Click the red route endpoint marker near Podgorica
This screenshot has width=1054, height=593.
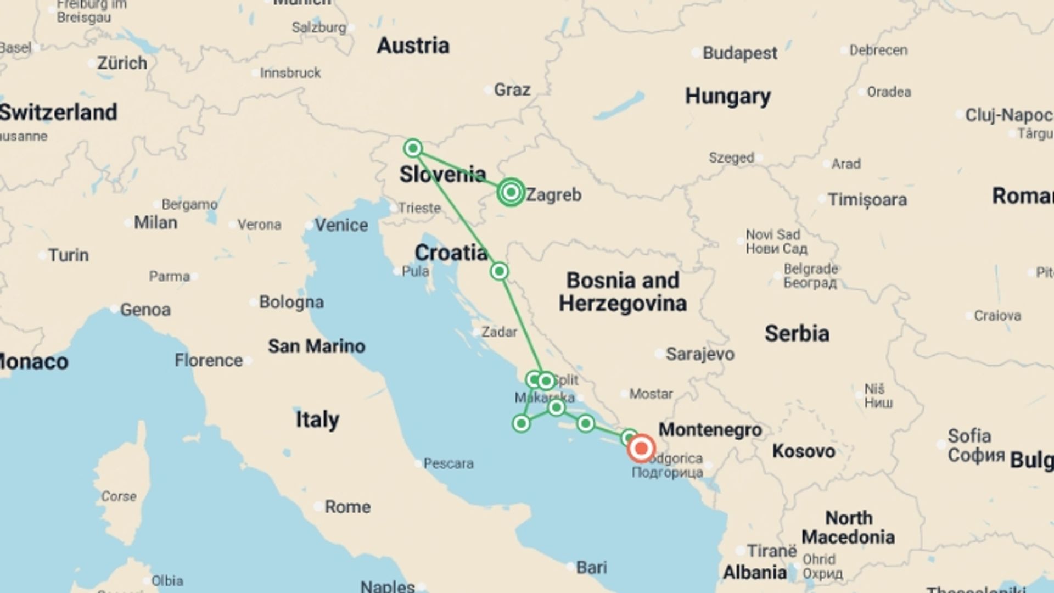641,449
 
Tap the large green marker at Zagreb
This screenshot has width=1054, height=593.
511,192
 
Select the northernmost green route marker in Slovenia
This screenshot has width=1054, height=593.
413,148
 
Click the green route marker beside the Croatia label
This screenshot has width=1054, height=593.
499,271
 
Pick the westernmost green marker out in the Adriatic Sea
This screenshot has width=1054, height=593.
521,423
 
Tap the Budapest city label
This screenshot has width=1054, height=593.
739,53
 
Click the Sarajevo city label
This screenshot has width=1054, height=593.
699,354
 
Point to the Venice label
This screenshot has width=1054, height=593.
341,225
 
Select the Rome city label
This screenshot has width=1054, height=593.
347,506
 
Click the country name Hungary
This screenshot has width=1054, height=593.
727,97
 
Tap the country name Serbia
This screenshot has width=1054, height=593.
797,333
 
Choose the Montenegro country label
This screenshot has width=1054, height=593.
710,429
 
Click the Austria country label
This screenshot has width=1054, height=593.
413,46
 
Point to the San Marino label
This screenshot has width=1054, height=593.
316,346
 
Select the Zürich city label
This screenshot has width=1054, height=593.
122,63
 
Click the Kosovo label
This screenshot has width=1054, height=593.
803,451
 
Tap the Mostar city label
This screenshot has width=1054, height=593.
651,394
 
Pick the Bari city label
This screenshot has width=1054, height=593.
591,567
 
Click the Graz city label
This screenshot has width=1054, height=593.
512,89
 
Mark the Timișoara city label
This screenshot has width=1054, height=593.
867,199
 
